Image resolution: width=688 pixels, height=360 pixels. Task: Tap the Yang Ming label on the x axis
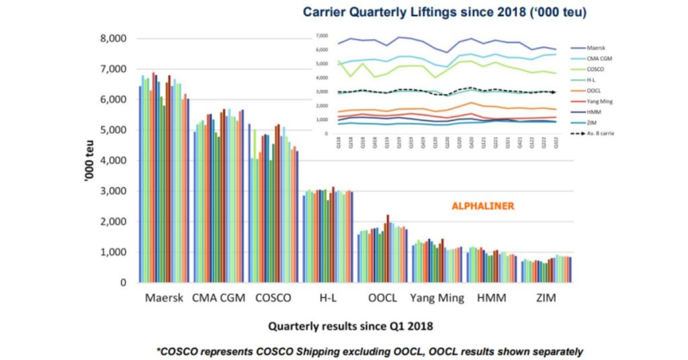[436, 298]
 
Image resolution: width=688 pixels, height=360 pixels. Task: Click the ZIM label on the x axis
[546, 298]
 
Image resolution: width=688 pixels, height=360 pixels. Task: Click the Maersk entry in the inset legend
[596, 48]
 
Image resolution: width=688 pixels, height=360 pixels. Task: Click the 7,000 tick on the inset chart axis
[322, 35]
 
